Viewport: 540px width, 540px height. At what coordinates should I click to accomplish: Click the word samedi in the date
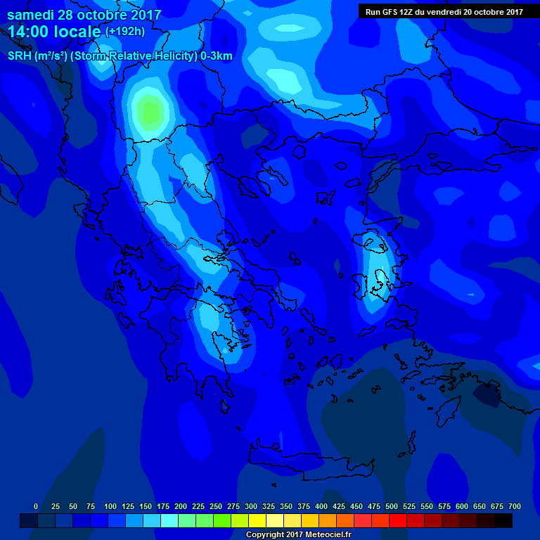pyautogui.click(x=31, y=15)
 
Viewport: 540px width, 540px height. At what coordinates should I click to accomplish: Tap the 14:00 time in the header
pyautogui.click(x=29, y=32)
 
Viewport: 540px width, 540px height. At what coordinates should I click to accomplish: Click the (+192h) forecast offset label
pyautogui.click(x=125, y=32)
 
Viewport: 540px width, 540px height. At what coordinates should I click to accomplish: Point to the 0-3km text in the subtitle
pyautogui.click(x=216, y=56)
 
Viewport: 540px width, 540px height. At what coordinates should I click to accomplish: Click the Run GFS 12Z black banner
pyautogui.click(x=444, y=11)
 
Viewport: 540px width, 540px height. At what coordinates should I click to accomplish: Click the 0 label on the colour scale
pyautogui.click(x=36, y=506)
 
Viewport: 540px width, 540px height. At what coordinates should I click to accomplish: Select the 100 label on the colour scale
pyautogui.click(x=110, y=506)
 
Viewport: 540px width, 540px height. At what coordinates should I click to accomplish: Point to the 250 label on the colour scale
pyautogui.click(x=216, y=506)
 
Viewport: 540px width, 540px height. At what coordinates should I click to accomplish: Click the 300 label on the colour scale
pyautogui.click(x=251, y=506)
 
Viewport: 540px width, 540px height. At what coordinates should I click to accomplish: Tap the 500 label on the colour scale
pyautogui.click(x=392, y=506)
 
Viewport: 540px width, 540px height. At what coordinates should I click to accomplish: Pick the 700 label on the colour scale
pyautogui.click(x=515, y=506)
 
